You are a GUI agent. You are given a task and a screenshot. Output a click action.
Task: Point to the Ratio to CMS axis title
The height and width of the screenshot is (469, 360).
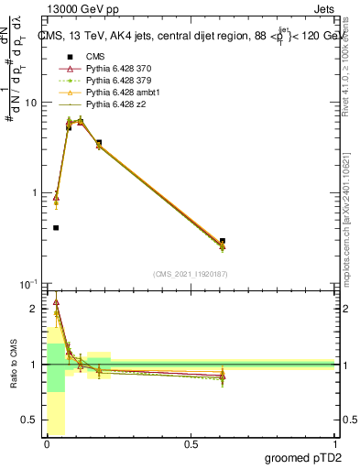14,365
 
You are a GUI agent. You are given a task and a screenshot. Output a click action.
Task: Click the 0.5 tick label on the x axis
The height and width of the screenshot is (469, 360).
191,444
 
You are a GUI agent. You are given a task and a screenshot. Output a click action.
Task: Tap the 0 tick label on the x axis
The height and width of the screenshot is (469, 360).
47,444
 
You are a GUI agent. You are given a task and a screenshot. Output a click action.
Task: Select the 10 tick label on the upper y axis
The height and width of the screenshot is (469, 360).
30,103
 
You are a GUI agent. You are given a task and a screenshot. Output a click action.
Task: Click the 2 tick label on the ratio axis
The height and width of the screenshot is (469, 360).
35,309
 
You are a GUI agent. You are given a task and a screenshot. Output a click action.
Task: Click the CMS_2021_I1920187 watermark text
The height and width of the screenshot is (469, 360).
190,274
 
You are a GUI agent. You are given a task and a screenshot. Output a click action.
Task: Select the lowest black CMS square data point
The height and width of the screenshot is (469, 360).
56,228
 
